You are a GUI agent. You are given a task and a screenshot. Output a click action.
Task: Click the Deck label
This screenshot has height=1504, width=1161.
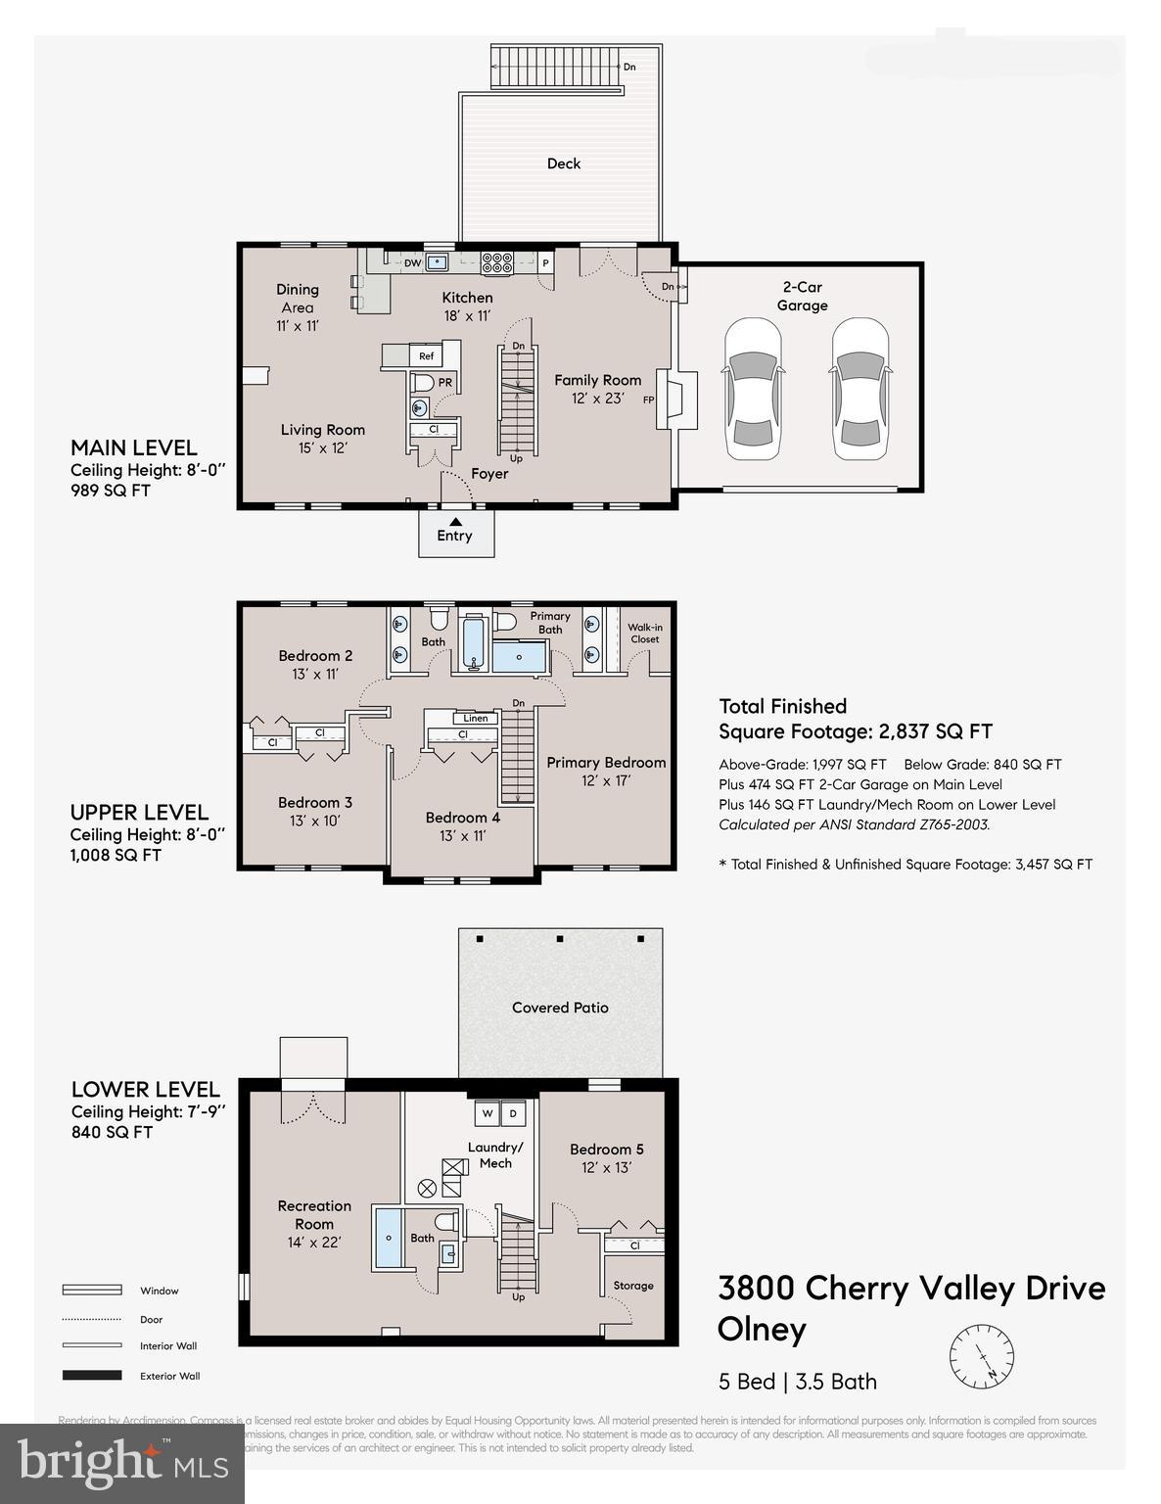pyautogui.click(x=563, y=164)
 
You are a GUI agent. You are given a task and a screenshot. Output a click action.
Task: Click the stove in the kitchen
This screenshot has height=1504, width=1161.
pyautogui.click(x=497, y=262)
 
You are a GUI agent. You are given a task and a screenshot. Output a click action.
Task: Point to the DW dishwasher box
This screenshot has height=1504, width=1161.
pyautogui.click(x=412, y=262)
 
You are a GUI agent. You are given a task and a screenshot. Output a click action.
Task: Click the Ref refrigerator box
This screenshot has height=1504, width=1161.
pyautogui.click(x=426, y=356)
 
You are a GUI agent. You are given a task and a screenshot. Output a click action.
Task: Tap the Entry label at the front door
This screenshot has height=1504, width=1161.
pyautogui.click(x=454, y=536)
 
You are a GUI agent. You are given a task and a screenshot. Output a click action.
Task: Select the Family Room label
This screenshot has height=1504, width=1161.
pyautogui.click(x=597, y=380)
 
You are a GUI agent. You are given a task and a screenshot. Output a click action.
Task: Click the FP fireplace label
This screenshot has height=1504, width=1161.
pyautogui.click(x=648, y=399)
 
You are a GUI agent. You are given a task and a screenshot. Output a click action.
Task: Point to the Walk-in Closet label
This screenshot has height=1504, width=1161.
pyautogui.click(x=644, y=633)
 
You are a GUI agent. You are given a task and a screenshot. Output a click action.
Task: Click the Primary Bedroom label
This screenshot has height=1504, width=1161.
pyautogui.click(x=606, y=762)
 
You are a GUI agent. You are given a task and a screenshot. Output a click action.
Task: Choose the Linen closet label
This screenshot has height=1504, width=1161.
pyautogui.click(x=476, y=718)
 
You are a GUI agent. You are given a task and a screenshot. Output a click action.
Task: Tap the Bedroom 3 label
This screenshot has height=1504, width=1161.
pyautogui.click(x=314, y=802)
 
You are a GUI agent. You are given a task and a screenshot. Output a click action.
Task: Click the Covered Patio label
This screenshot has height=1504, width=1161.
pyautogui.click(x=560, y=1007)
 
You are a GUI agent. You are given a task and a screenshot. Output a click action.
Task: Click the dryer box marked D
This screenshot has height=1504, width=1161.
pyautogui.click(x=513, y=1113)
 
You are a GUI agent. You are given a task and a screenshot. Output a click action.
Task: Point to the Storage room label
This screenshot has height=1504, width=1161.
pyautogui.click(x=633, y=1286)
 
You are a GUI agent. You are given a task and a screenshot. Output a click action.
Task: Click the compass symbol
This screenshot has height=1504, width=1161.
pyautogui.click(x=982, y=1357)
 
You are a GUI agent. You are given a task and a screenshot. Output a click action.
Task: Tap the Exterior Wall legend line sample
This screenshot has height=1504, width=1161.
pyautogui.click(x=92, y=1376)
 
